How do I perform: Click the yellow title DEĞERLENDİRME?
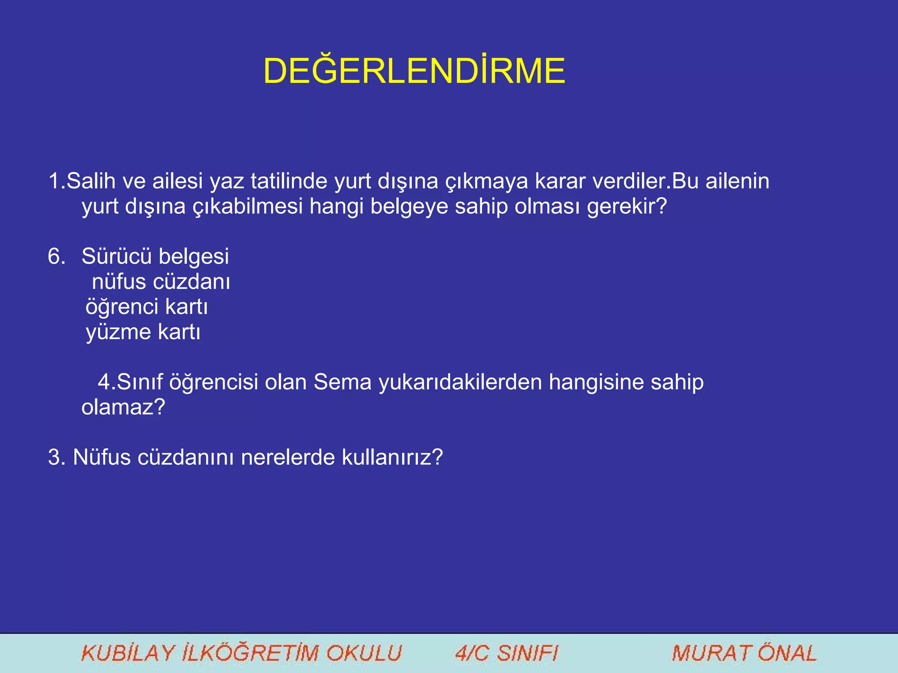(414, 71)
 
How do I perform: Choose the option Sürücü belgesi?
(155, 256)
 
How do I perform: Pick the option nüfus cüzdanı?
(161, 282)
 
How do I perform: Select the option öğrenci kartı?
(146, 307)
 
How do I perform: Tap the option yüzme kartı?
(143, 332)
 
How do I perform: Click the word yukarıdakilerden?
(460, 382)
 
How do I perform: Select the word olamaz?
(123, 407)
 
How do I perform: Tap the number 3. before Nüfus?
(57, 457)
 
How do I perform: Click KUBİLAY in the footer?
(128, 653)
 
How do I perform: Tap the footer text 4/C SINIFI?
(506, 653)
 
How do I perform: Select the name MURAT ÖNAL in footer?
(744, 653)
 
